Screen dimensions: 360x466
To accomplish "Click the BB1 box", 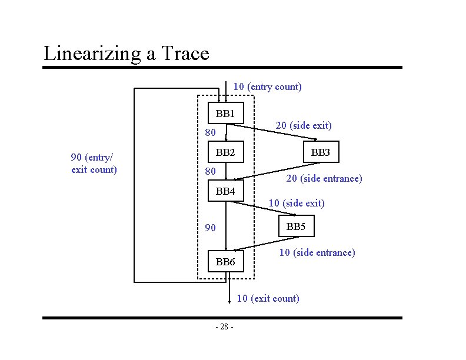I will [x=226, y=113].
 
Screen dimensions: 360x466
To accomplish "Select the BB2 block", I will [x=226, y=153].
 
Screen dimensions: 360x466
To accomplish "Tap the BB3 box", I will [x=321, y=154].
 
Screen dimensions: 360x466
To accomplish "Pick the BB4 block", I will [x=226, y=191].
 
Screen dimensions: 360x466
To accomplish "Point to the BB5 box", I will [x=295, y=226].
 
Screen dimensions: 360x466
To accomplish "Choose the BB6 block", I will [x=226, y=262].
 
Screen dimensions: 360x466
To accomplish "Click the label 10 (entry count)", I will [x=268, y=87].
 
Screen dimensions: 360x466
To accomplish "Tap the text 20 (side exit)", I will [x=304, y=125].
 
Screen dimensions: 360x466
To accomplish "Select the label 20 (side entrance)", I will [x=324, y=178].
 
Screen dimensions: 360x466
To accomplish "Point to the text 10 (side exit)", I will [x=297, y=203].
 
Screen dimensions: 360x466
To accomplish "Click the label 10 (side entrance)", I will [x=317, y=252].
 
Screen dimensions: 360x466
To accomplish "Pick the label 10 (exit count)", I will [x=268, y=298].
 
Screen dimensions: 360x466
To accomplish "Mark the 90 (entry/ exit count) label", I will [x=94, y=164].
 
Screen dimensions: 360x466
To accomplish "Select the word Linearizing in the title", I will [x=92, y=54].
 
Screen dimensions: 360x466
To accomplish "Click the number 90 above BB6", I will [x=210, y=228].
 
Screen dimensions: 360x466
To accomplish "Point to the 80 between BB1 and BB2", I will [x=210, y=132].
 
